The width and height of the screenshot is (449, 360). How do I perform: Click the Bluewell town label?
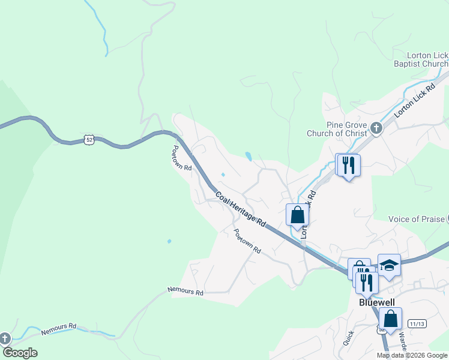[x=375, y=303]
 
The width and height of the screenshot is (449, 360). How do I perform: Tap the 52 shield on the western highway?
[x=89, y=139]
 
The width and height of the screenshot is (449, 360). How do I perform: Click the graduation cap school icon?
[x=389, y=264]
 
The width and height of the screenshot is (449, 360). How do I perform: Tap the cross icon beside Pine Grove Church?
[x=376, y=127]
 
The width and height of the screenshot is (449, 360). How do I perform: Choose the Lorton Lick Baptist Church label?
[x=420, y=59]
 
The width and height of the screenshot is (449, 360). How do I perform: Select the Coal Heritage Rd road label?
[x=241, y=209]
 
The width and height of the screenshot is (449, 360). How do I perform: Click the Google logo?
[x=20, y=353]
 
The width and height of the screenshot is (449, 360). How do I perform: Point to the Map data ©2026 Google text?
[x=412, y=355]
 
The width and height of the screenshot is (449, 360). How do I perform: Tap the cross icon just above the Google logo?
[x=4, y=339]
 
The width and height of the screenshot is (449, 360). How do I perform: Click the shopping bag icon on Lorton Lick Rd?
[x=297, y=215]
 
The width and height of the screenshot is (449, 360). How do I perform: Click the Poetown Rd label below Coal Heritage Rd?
[x=247, y=241]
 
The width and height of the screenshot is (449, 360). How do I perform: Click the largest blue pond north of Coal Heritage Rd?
[x=249, y=157]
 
